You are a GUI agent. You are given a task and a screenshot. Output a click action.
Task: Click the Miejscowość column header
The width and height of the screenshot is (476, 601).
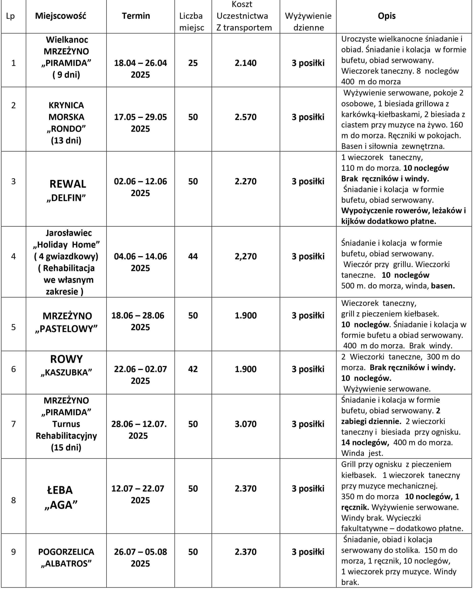tap(61, 16)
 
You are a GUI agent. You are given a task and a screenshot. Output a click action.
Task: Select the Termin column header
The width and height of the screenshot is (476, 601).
tap(136, 16)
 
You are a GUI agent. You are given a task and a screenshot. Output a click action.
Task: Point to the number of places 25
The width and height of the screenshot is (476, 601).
tap(193, 63)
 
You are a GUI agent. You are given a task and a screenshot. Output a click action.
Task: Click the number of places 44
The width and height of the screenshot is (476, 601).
tap(193, 256)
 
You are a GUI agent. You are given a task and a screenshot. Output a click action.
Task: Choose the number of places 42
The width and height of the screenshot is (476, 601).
tap(193, 369)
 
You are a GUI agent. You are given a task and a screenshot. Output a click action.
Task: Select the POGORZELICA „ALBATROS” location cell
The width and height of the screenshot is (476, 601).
tap(66, 558)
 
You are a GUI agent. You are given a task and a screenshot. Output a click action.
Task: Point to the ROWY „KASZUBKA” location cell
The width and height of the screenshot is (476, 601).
tap(66, 365)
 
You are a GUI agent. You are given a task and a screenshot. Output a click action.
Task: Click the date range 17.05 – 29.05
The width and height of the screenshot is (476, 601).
tap(140, 117)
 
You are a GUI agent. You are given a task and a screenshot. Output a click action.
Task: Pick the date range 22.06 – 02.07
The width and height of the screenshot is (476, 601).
tap(140, 369)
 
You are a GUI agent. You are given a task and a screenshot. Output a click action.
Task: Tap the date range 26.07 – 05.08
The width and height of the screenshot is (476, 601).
tap(140, 552)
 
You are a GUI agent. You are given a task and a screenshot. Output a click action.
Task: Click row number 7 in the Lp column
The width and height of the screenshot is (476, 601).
tap(13, 424)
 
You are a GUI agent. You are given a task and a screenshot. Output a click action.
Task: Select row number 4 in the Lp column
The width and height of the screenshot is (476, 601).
tap(13, 256)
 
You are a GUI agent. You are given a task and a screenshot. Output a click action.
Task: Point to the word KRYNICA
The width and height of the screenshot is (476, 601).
tap(66, 105)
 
